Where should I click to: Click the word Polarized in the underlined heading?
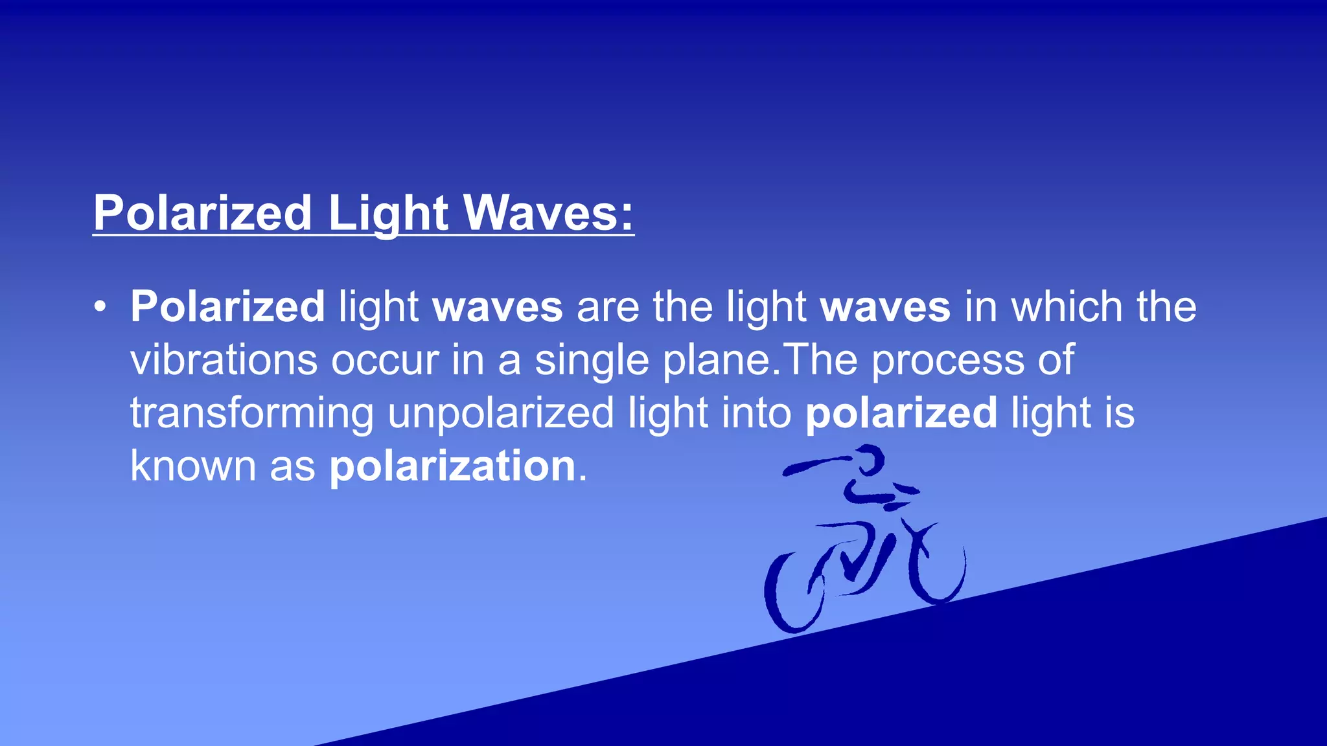203,213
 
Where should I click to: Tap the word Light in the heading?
388,213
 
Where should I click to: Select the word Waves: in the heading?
548,213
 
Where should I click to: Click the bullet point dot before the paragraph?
99,306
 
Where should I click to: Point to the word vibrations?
224,359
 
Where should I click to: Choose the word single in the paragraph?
592,359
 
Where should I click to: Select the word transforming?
252,413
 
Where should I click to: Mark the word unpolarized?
501,413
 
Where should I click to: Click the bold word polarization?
452,466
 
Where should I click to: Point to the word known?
193,466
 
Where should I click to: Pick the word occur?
385,359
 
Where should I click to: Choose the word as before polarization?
292,466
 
